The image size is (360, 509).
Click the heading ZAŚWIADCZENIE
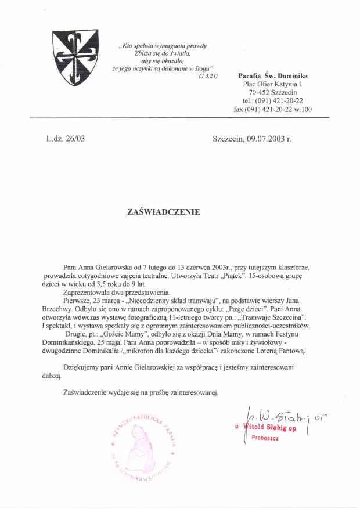[x=163, y=212]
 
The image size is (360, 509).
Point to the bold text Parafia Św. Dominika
[x=273, y=76]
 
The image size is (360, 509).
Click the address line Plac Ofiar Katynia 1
[x=273, y=84]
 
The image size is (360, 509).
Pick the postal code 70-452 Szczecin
[x=273, y=92]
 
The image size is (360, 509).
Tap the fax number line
[x=272, y=109]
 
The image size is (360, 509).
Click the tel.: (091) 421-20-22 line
[x=272, y=100]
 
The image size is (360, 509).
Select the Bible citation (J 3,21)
[x=208, y=76]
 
